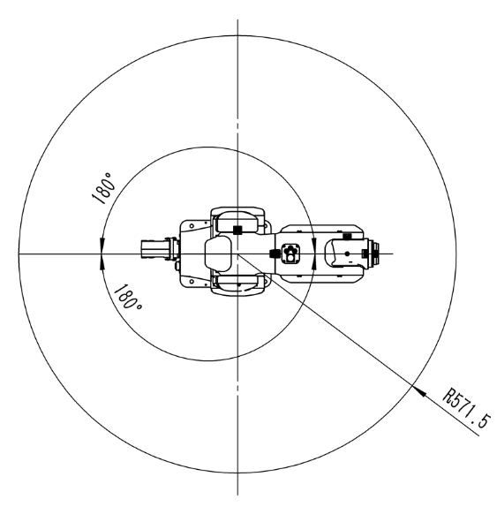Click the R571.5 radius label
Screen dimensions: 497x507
[x=466, y=408]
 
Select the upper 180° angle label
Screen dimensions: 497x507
[x=103, y=188]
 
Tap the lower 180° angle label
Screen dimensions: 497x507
[x=128, y=297]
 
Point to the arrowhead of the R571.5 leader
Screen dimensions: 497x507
[x=418, y=390]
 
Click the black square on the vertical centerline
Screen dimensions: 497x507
[x=237, y=230]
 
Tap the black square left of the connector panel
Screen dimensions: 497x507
[x=275, y=253]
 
